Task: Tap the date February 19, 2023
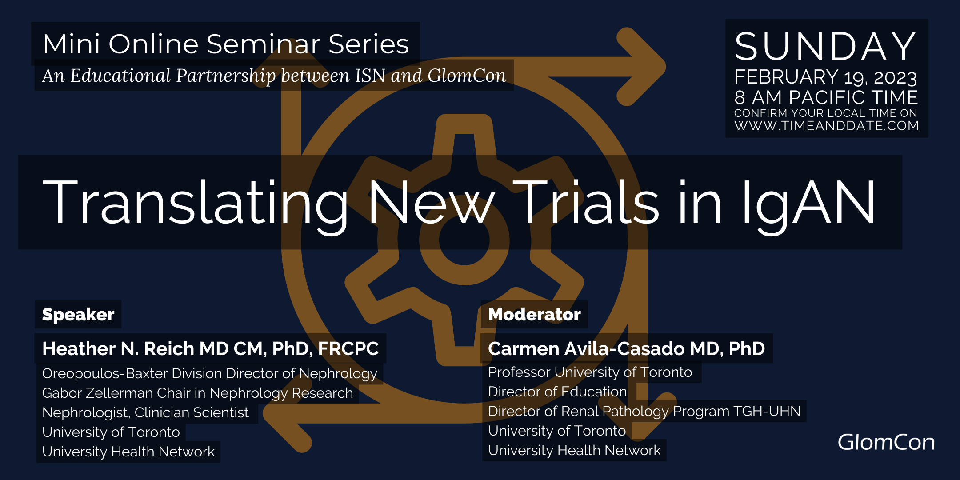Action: click(826, 77)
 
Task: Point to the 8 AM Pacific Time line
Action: click(826, 97)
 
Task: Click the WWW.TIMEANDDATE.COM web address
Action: click(827, 126)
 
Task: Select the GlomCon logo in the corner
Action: click(886, 442)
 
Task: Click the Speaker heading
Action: click(78, 314)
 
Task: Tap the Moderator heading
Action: click(534, 314)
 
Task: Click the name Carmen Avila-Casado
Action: click(586, 348)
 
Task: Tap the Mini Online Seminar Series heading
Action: click(226, 44)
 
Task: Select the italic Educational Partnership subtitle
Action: click(274, 76)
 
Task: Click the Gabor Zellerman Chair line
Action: click(197, 393)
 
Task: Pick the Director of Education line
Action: click(557, 392)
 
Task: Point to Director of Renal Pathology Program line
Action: click(644, 411)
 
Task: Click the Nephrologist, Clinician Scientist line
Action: click(145, 413)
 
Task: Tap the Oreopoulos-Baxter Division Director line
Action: click(209, 374)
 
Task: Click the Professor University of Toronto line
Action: click(590, 372)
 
